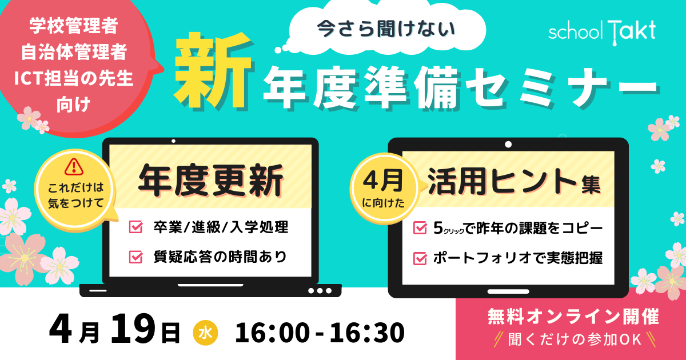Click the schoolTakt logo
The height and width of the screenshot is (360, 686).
[x=602, y=32]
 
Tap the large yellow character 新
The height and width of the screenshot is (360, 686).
[x=214, y=71]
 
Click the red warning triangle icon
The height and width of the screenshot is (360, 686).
[x=74, y=167]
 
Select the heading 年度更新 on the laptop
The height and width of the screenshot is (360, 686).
[x=211, y=181]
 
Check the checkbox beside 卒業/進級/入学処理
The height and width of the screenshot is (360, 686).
[x=135, y=227]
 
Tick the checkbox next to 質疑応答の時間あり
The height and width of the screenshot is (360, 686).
[x=135, y=257]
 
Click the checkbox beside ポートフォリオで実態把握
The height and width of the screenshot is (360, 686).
[x=420, y=258]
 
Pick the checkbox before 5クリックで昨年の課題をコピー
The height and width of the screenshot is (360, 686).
[x=420, y=228]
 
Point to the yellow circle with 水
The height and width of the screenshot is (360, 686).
[x=205, y=333]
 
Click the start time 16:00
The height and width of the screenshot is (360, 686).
[x=272, y=333]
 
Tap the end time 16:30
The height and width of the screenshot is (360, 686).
[x=367, y=333]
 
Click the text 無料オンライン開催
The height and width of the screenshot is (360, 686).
[x=573, y=317]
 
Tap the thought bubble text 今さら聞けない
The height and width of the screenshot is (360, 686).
[x=386, y=29]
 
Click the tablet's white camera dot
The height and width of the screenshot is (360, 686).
[x=508, y=144]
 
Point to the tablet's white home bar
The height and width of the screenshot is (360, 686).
[x=508, y=291]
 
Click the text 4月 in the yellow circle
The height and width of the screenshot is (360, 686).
[x=383, y=181]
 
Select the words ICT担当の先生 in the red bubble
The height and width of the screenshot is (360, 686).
[x=74, y=78]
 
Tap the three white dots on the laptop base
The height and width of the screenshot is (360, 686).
[x=320, y=290]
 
